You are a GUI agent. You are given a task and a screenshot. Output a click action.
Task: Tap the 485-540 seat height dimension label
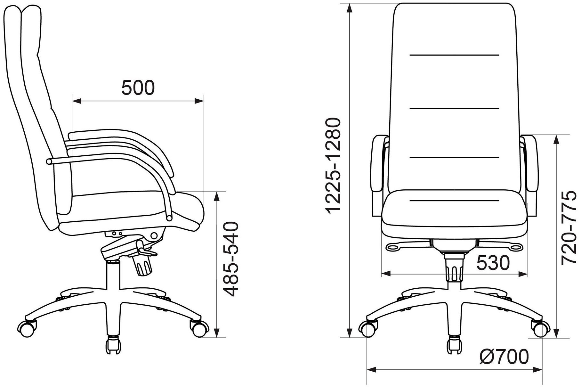pyautogui.click(x=230, y=259)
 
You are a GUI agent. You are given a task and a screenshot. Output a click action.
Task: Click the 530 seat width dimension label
pyautogui.click(x=493, y=263)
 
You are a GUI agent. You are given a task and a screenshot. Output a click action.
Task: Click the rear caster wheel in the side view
pyautogui.click(x=27, y=328)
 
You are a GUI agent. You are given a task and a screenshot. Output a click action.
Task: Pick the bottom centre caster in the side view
pyautogui.click(x=114, y=345)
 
